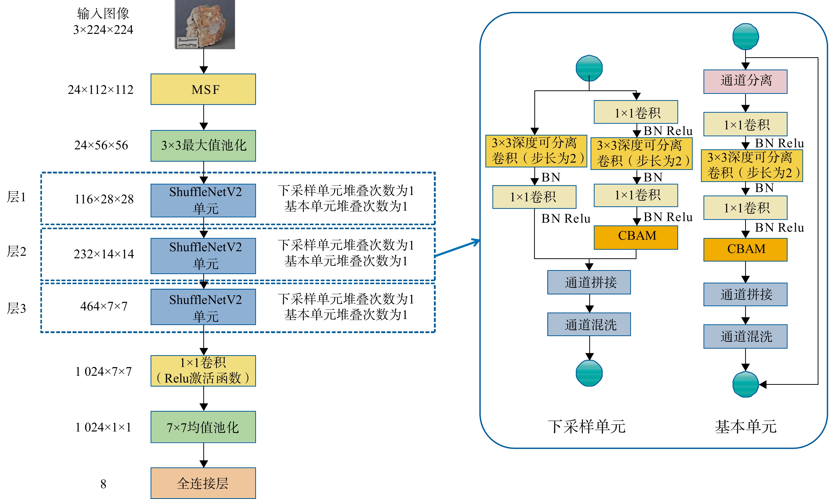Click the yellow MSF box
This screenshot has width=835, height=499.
coord(203,89)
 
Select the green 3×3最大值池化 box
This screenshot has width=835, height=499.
coord(203,146)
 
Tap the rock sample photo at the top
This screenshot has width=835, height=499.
coord(205,24)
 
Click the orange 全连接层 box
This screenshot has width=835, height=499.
coord(203,483)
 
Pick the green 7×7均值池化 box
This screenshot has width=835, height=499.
coord(203,427)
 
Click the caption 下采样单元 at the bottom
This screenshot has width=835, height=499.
coord(587,426)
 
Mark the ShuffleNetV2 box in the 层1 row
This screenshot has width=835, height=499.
coord(203,200)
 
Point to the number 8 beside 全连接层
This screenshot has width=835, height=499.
coord(103,484)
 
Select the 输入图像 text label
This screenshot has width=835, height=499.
coord(103,14)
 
